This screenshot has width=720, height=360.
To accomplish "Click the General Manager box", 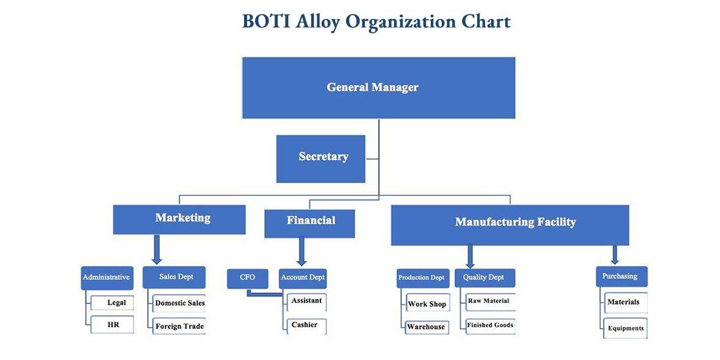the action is [379, 88].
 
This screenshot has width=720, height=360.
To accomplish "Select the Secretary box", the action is [321, 159].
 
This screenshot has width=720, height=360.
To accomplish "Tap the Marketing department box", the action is [179, 220].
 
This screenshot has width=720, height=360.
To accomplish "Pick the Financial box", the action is [309, 223].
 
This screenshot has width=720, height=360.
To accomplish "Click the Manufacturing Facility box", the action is [510, 225].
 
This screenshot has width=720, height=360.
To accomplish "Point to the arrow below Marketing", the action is [157, 250].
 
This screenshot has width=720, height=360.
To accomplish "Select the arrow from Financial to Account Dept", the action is [301, 251].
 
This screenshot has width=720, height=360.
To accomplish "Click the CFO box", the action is [248, 278].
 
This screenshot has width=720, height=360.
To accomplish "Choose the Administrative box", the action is [107, 278].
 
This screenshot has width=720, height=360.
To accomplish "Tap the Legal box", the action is [112, 303].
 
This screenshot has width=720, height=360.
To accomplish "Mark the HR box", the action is [112, 325].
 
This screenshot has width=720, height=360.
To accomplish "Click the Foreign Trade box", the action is [179, 326].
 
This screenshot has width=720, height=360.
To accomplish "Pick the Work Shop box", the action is [427, 304].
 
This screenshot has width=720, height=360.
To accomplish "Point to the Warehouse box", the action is [427, 327].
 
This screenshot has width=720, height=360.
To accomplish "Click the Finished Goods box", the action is [491, 326].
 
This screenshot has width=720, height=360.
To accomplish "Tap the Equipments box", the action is [625, 328].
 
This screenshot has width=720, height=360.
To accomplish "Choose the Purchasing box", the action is [622, 276].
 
